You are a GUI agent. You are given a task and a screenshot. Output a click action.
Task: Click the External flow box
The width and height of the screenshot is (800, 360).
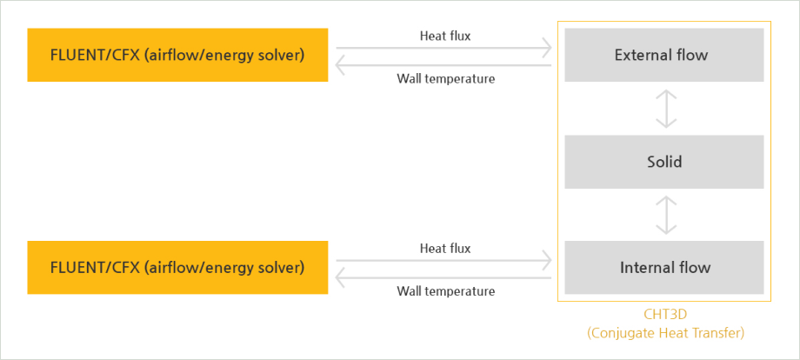(663, 55)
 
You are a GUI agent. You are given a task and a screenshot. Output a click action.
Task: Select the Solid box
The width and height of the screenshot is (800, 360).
(663, 162)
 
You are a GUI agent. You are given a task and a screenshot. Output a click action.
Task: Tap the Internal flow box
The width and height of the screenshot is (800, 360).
(663, 267)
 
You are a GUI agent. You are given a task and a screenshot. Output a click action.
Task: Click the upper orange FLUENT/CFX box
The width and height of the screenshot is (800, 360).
(177, 55)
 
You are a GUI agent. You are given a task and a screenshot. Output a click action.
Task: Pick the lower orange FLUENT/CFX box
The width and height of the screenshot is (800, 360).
(177, 267)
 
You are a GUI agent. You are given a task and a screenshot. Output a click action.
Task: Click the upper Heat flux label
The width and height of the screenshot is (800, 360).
(445, 36)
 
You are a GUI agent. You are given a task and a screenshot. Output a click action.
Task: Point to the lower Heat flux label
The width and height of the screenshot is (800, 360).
(445, 249)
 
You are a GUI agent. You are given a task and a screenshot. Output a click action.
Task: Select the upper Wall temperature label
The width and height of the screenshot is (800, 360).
(446, 79)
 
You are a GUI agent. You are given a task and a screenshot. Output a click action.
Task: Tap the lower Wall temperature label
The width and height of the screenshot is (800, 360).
(446, 291)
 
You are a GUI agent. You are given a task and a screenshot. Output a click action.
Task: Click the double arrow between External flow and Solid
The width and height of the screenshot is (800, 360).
(666, 109)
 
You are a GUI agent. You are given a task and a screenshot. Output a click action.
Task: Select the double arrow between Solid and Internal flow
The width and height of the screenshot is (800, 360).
(666, 215)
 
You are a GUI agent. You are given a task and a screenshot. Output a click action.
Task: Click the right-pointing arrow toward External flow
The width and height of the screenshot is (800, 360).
(443, 49)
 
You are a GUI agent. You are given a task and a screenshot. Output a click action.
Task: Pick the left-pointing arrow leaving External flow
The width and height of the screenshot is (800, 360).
(443, 65)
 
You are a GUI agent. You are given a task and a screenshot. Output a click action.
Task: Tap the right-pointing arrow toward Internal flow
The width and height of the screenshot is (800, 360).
(443, 261)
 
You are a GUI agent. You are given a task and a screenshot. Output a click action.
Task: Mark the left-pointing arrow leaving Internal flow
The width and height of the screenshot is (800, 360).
(443, 278)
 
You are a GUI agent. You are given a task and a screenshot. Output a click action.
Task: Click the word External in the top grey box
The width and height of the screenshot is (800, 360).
(640, 55)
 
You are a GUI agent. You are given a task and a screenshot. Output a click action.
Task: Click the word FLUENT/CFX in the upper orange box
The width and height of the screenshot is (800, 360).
(95, 55)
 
